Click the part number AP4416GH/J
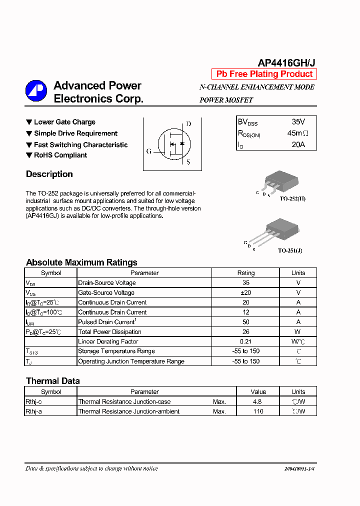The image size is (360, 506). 286,62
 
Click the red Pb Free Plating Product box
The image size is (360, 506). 264,74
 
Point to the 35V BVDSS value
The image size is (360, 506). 298,122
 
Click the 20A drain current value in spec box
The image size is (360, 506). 298,145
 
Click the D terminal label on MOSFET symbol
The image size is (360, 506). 188,124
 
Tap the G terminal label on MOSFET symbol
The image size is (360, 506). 148,151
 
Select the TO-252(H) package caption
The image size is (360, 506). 292,199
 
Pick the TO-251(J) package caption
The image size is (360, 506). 290,250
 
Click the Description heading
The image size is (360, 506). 49,174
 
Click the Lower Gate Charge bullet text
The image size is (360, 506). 64,122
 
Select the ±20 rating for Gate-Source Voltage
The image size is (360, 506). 245,292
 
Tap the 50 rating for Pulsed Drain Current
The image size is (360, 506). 245,322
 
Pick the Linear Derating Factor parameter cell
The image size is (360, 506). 108,341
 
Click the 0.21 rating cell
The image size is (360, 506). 245,341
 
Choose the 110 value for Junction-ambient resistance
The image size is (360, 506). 258,411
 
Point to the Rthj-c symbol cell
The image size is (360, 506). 34,401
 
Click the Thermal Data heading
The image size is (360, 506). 52,381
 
